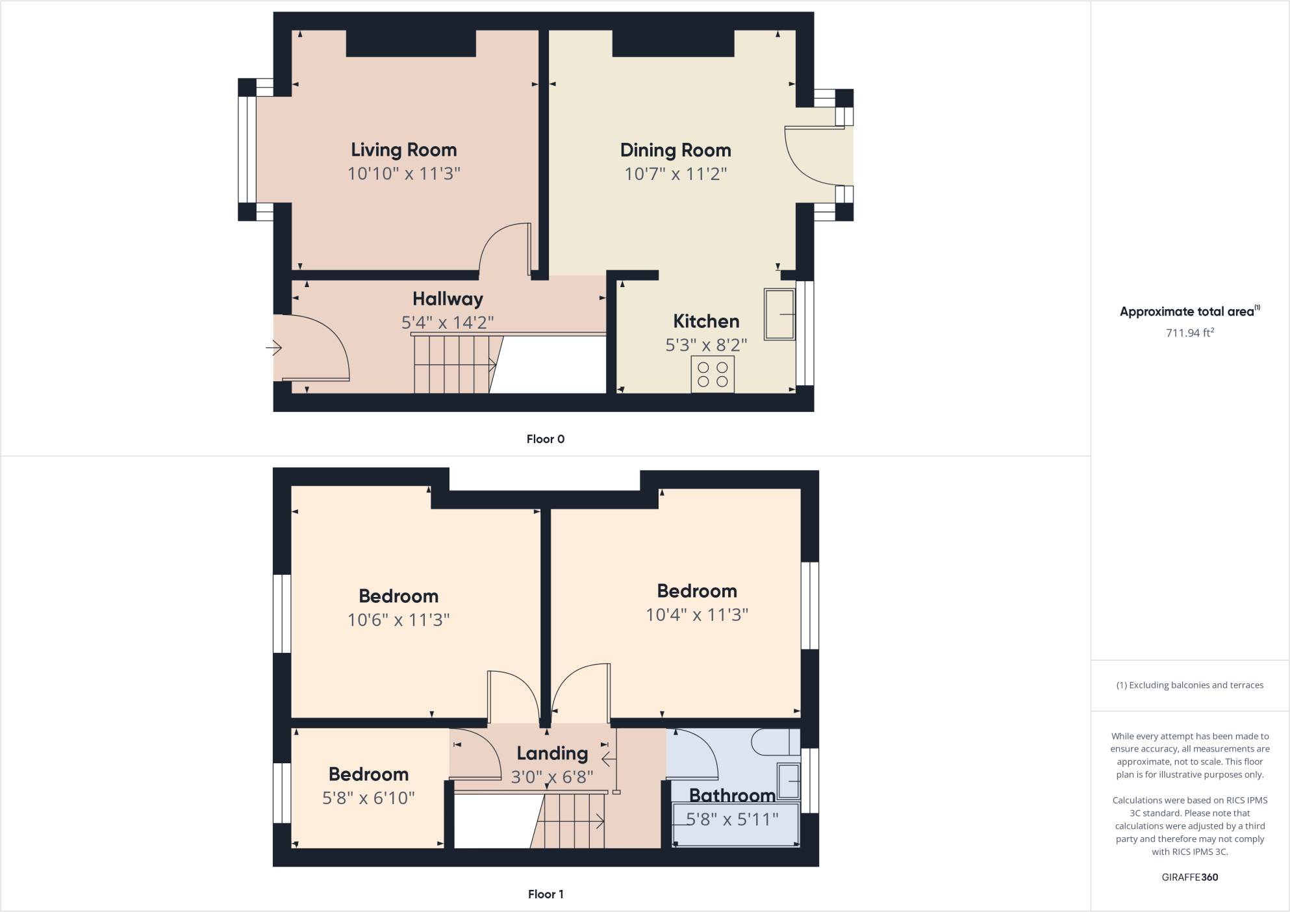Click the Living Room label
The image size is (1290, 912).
pyautogui.click(x=403, y=150)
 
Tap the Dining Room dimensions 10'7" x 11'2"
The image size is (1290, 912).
pyautogui.click(x=676, y=174)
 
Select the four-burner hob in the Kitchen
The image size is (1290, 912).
pyautogui.click(x=713, y=375)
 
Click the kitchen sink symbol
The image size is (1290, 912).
pyautogui.click(x=779, y=314)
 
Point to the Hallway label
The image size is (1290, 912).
pyautogui.click(x=448, y=299)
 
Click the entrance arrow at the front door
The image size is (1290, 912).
pyautogui.click(x=273, y=348)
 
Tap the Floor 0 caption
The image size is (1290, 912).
pyautogui.click(x=545, y=439)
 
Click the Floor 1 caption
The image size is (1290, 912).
pyautogui.click(x=545, y=894)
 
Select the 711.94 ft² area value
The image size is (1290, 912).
pyautogui.click(x=1189, y=333)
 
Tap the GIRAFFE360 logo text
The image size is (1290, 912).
pyautogui.click(x=1189, y=877)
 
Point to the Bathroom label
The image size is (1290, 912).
pyautogui.click(x=732, y=795)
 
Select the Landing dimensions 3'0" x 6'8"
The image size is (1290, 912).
pyautogui.click(x=552, y=777)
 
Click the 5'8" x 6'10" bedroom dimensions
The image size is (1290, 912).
pyautogui.click(x=368, y=798)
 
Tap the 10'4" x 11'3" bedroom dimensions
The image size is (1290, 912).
pyautogui.click(x=697, y=614)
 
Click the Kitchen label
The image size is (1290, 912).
pyautogui.click(x=706, y=322)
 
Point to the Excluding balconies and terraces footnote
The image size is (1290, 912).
pyautogui.click(x=1189, y=685)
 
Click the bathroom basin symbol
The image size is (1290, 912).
pyautogui.click(x=789, y=781)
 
